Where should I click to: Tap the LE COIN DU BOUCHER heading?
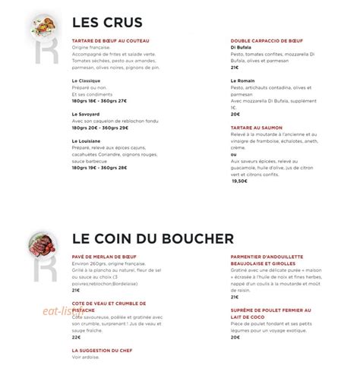pos(152,239)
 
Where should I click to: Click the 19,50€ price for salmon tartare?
pos(239,181)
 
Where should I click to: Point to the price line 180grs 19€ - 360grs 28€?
pos(99,168)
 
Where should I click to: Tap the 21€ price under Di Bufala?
pos(235,67)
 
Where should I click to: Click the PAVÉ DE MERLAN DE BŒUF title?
pos(107,257)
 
